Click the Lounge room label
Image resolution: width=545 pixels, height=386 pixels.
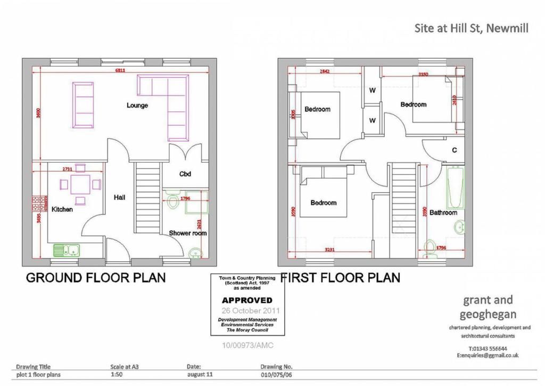(137, 105)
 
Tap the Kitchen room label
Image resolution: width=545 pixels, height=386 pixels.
(62, 210)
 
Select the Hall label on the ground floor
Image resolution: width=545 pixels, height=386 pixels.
(120, 197)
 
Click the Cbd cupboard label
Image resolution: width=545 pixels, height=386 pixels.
(185, 174)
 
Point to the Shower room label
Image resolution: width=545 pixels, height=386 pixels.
(188, 233)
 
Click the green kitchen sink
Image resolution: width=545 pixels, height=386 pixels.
(66, 249)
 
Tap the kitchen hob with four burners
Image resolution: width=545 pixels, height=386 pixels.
(39, 203)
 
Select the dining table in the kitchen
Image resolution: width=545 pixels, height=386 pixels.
(80, 184)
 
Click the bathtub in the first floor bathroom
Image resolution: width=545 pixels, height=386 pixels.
(455, 188)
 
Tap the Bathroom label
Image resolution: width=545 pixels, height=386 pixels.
(443, 213)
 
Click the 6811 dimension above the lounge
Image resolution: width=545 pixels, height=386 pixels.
(121, 70)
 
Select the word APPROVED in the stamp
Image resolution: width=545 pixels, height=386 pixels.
(247, 300)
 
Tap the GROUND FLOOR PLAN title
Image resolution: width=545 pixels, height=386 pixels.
(96, 278)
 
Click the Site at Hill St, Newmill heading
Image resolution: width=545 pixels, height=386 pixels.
(471, 28)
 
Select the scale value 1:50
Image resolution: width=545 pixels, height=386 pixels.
(115, 375)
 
